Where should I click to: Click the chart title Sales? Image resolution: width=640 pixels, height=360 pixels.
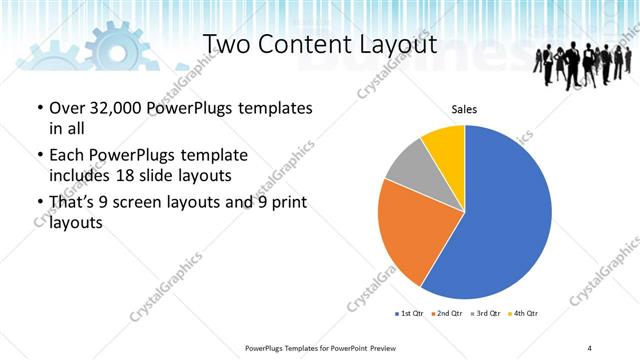click(464, 109)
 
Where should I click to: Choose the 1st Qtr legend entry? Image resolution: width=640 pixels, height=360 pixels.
click(407, 314)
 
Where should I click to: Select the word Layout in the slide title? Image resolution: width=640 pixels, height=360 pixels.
click(398, 45)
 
